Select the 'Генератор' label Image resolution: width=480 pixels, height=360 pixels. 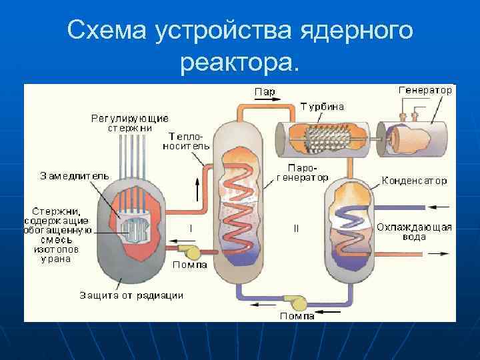(x=425, y=89)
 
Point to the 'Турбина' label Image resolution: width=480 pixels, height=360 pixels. (x=322, y=106)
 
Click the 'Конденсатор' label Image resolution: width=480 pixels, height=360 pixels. (x=414, y=180)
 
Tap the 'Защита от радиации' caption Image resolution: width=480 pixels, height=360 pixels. (x=132, y=294)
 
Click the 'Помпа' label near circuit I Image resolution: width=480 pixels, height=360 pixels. (x=190, y=265)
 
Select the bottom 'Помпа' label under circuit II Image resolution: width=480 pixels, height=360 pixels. (x=297, y=316)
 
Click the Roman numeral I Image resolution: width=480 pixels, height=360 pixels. (x=191, y=228)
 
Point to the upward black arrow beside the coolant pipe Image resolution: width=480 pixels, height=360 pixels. (x=197, y=189)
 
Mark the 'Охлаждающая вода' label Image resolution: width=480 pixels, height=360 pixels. (x=414, y=231)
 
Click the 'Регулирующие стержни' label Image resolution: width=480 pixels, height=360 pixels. (x=130, y=123)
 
